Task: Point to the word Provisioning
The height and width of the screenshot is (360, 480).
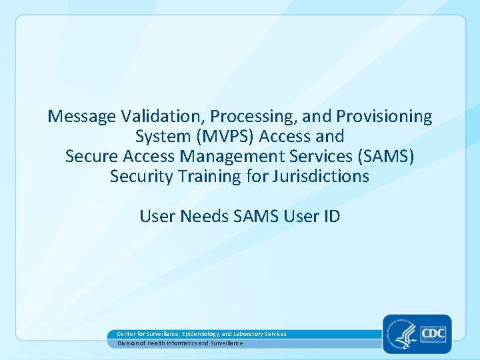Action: tap(384, 117)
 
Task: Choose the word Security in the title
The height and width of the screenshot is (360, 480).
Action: tap(139, 177)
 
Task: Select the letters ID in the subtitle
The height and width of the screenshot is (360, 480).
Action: tap(331, 216)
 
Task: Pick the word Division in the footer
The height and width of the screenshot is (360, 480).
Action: tap(128, 343)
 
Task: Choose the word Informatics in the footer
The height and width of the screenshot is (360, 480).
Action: tap(180, 343)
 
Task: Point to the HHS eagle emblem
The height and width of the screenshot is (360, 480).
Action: tap(401, 333)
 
